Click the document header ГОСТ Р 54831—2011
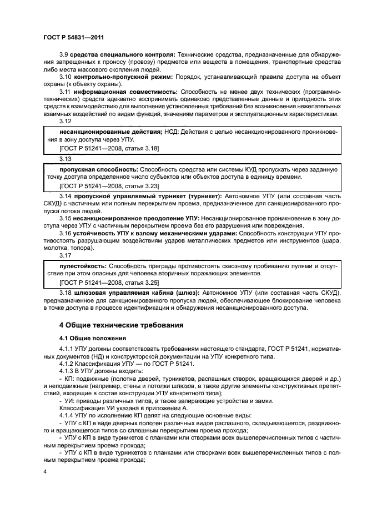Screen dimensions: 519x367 tap(74, 37)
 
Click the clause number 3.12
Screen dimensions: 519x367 tap(65, 120)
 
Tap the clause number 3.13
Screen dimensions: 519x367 tap(65, 158)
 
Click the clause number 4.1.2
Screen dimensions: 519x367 tap(67, 364)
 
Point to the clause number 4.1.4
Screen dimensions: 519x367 tap(67, 415)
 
